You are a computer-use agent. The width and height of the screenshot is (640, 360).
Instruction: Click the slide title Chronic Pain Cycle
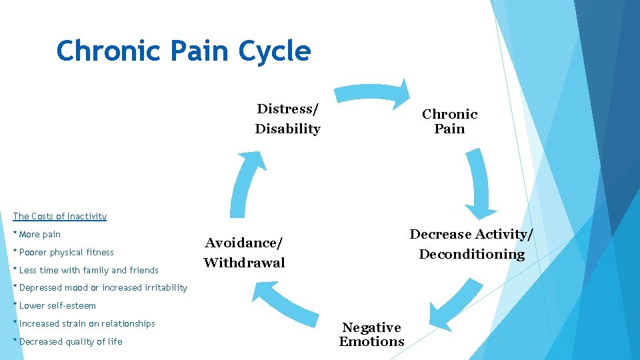183,51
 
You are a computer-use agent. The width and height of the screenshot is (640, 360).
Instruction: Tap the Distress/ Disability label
288,119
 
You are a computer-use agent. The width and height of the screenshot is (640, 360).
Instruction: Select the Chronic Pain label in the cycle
449,121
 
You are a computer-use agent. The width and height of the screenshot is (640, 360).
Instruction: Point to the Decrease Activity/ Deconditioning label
471,244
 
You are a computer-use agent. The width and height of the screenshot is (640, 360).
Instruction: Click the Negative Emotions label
371,335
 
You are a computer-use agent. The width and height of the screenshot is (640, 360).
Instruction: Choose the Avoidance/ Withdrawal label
244,253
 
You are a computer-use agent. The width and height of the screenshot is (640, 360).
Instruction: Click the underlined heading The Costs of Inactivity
60,216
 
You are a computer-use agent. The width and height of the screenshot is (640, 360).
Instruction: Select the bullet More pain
37,235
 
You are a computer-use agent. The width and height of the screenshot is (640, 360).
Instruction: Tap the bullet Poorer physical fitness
64,253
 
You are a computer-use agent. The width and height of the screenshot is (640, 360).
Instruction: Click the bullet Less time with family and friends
86,270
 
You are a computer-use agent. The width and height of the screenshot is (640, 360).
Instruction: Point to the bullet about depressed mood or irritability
101,288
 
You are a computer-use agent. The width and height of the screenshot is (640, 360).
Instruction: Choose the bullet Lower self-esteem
55,306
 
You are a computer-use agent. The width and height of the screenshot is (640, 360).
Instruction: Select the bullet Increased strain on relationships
85,324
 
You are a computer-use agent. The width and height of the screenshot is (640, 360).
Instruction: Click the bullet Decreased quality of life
69,342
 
